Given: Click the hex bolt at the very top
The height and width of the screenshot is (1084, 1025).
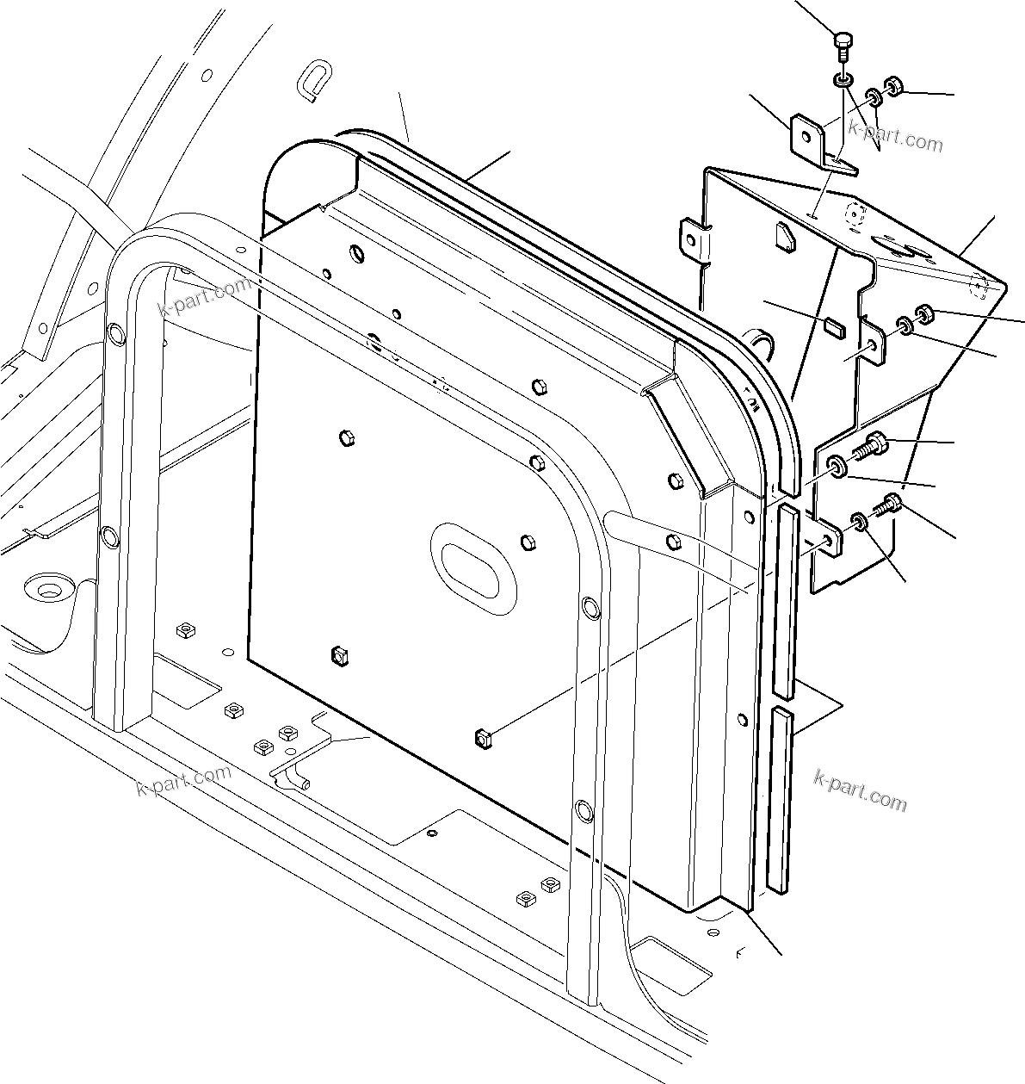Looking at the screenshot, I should (x=843, y=42).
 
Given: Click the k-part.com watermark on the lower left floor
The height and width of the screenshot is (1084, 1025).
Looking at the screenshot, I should (x=184, y=778).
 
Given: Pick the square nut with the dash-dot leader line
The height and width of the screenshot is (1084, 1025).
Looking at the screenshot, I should (x=483, y=737).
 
